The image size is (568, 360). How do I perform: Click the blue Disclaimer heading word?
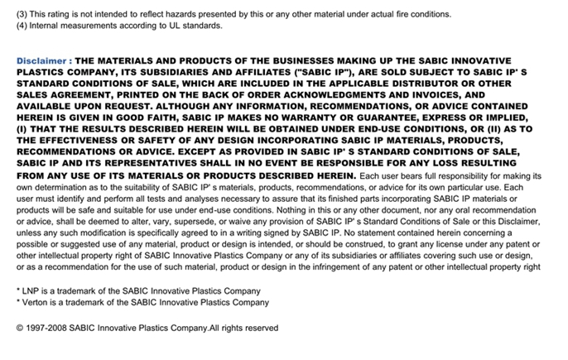[42, 61]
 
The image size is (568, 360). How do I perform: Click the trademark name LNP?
[31, 290]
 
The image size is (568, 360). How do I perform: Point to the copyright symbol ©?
[21, 329]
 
